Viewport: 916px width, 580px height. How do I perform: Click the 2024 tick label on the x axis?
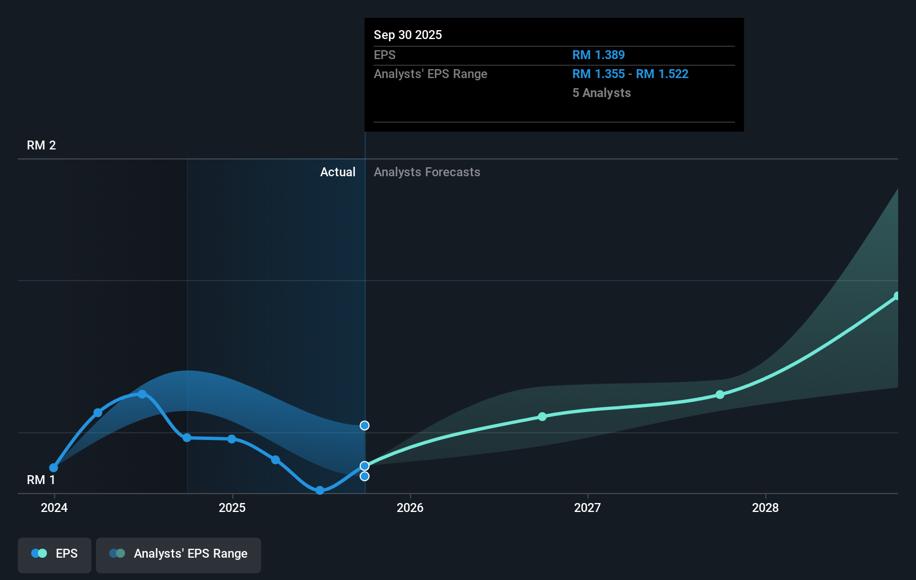tap(54, 507)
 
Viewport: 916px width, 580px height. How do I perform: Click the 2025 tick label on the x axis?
tap(232, 507)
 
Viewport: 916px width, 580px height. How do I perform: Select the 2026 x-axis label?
tap(410, 507)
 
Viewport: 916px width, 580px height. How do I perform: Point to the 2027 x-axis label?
tap(587, 507)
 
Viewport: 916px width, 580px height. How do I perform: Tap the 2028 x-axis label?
tap(765, 507)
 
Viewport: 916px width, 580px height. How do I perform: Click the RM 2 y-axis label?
tap(41, 146)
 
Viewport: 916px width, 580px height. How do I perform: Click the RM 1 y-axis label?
tap(41, 480)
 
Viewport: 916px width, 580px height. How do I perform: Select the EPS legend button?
tap(55, 554)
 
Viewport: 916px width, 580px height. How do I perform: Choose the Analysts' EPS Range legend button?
tap(179, 554)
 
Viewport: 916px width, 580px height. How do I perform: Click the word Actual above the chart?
tap(338, 172)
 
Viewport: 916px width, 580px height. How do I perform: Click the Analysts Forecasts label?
tap(427, 172)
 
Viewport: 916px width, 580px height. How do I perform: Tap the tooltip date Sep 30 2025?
tap(408, 35)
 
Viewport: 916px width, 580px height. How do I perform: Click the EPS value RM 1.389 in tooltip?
tap(599, 55)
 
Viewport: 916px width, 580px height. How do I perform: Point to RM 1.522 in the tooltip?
tap(662, 74)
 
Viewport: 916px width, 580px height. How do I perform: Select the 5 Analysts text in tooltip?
tap(601, 93)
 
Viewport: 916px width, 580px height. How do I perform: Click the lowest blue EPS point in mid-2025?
tap(320, 491)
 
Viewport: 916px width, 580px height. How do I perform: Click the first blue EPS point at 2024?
tap(54, 468)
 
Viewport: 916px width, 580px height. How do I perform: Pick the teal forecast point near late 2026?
tap(542, 417)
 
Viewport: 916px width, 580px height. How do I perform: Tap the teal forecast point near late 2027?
tap(720, 395)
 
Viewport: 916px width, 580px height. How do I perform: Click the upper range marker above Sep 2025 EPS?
tap(364, 426)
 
